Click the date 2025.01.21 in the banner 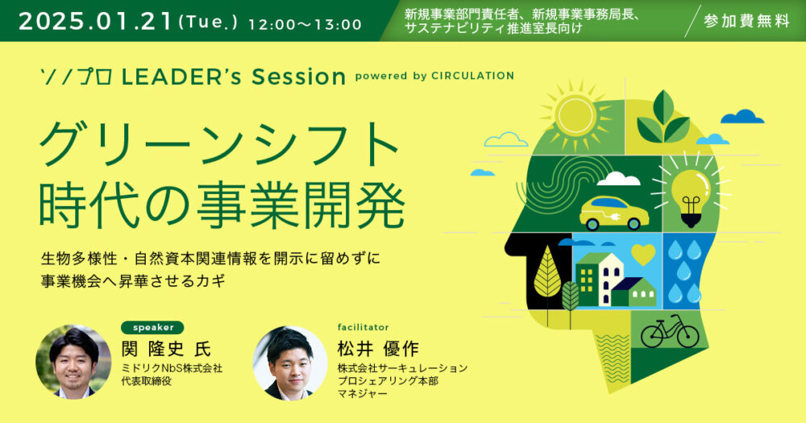(95, 21)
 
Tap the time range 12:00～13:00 (305, 24)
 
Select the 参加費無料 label (746, 21)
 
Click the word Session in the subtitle (299, 77)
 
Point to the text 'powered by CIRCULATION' (434, 76)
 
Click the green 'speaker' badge (152, 327)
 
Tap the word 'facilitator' (363, 327)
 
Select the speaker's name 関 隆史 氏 (165, 349)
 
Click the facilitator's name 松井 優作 (378, 350)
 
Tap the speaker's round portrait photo (73, 362)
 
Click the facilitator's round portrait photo (290, 363)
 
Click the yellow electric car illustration (613, 212)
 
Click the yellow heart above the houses (643, 254)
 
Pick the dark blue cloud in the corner (742, 117)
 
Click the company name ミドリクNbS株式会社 (172, 368)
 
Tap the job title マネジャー (363, 394)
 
